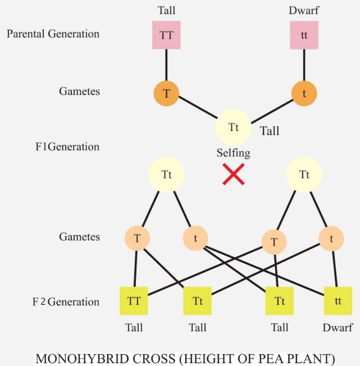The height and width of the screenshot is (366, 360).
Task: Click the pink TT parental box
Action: point(166,34)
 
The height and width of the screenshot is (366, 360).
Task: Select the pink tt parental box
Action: point(304,34)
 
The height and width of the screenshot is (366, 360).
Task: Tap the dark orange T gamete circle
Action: point(166,93)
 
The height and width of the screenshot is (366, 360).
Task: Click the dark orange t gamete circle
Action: point(304,93)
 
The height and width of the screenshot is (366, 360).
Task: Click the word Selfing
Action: point(234,153)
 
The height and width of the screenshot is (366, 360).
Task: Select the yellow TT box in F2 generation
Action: point(134,301)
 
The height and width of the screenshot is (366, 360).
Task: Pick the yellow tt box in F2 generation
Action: point(338,301)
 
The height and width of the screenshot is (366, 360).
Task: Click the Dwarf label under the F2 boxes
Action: point(338,328)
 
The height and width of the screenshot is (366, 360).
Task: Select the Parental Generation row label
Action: point(53,34)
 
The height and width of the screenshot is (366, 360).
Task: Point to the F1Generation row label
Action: point(67,147)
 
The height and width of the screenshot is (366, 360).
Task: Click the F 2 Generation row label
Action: point(66,302)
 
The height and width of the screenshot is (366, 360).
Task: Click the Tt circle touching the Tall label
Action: point(234,127)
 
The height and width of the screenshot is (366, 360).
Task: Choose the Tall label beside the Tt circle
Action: point(270,131)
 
